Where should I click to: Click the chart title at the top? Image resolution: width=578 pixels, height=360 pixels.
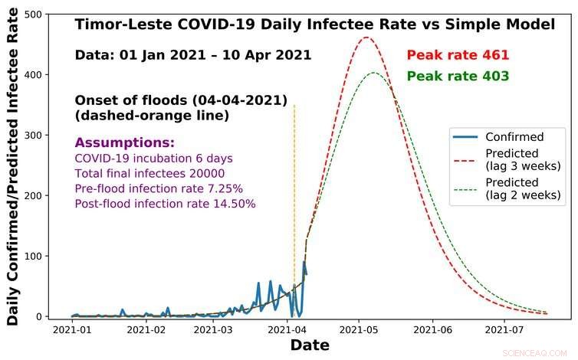coord(314,25)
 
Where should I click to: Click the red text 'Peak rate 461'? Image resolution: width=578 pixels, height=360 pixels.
coord(458,55)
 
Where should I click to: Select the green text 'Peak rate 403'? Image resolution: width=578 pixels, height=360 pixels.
coord(458,76)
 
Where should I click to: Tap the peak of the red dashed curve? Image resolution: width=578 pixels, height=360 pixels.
coord(366,38)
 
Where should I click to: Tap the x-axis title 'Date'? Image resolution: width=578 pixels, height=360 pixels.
coord(310,346)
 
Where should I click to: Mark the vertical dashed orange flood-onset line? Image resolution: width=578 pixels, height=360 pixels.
coord(294,191)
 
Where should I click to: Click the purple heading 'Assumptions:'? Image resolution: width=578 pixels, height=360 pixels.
coord(124,143)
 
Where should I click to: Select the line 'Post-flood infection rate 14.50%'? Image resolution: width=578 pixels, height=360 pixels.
coord(165,204)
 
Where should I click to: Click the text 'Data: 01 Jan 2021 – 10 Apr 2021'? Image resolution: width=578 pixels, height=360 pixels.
coord(193,55)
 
